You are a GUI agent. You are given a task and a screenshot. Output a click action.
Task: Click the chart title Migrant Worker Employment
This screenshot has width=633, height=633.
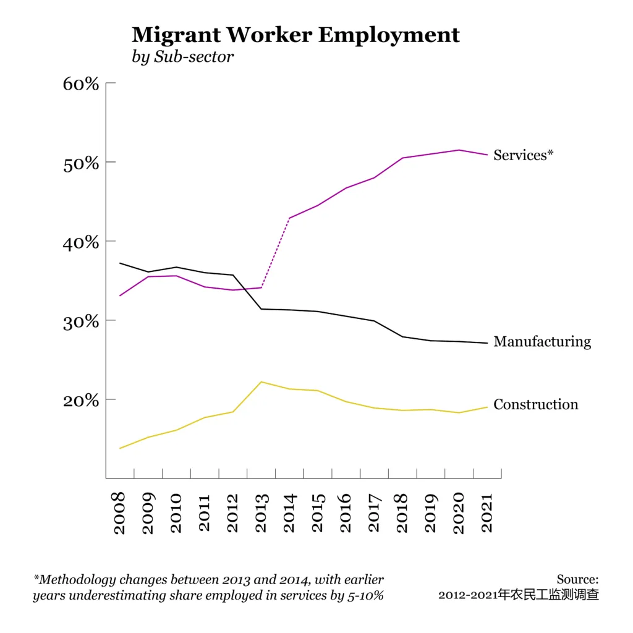click(295, 34)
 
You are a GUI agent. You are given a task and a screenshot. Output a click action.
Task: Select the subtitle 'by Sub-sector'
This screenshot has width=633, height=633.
click(183, 57)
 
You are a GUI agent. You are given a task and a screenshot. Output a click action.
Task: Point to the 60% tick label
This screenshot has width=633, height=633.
click(81, 83)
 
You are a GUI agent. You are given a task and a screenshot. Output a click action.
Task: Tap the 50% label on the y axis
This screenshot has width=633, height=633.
click(81, 163)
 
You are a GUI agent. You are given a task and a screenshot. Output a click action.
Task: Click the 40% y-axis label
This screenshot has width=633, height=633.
click(81, 242)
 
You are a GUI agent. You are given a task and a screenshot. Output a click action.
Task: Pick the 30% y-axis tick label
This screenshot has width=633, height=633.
click(81, 321)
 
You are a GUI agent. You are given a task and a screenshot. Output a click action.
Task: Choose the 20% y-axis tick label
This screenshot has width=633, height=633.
click(81, 401)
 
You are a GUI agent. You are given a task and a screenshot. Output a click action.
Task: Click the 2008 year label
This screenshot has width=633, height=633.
click(119, 512)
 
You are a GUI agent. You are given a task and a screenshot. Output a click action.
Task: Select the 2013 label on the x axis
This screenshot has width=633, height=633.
click(261, 512)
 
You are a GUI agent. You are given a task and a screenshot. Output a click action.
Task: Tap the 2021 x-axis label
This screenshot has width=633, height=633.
click(488, 512)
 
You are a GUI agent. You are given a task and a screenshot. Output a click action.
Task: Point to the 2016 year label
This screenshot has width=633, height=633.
click(346, 512)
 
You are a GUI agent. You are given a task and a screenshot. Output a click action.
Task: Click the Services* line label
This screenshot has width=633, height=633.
click(523, 155)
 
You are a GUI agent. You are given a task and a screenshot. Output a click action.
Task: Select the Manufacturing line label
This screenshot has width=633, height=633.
click(542, 342)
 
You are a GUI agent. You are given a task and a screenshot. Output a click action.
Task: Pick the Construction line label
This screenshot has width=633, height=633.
click(536, 405)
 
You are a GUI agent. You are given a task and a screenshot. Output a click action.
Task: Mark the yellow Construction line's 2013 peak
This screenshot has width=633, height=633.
click(261, 382)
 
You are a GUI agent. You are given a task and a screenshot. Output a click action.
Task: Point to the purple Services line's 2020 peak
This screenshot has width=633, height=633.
click(459, 150)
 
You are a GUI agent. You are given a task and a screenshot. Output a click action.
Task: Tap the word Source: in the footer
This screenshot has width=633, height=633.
click(577, 579)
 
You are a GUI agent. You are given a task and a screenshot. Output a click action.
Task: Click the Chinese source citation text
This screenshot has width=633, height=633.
click(519, 595)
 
